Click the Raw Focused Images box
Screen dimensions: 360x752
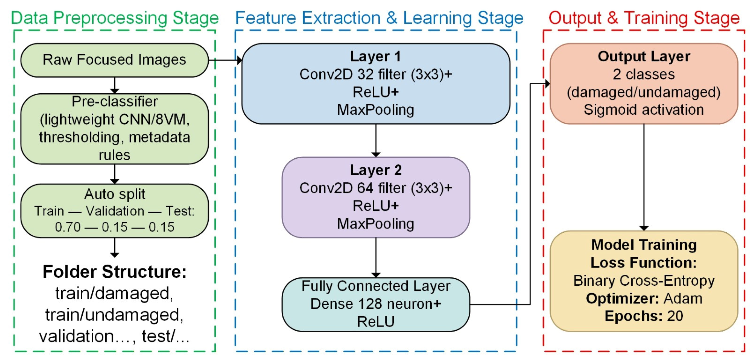(x=114, y=60)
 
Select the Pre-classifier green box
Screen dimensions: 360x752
(x=114, y=129)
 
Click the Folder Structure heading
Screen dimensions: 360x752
(x=114, y=272)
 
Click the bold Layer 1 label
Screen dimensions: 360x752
(x=375, y=56)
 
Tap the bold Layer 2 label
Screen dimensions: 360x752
(x=375, y=170)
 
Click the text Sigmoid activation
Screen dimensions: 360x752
(x=644, y=110)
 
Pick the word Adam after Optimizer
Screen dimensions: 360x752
(x=683, y=298)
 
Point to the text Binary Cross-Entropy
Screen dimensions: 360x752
(x=644, y=281)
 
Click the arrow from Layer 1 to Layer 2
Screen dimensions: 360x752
(x=376, y=140)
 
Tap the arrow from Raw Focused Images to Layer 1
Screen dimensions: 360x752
(x=225, y=60)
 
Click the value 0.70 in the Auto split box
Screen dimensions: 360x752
(x=67, y=227)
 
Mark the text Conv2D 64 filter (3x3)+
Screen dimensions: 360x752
(x=375, y=188)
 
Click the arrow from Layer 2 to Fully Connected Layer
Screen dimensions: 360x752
(x=376, y=257)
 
